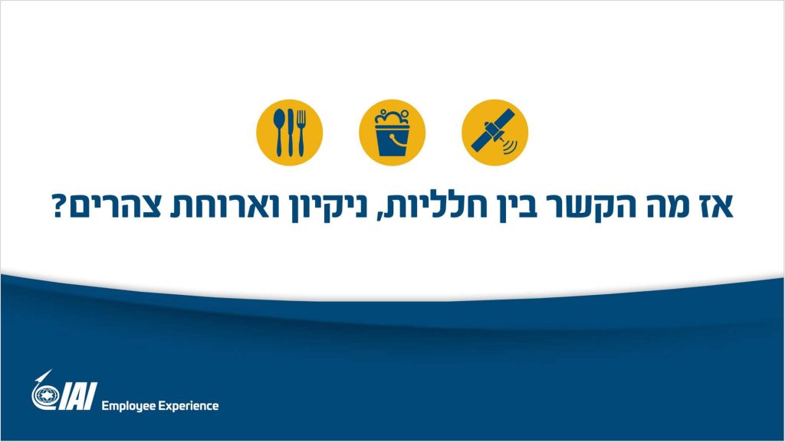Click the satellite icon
pyautogui.click(x=494, y=132)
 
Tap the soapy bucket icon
pyautogui.click(x=392, y=132)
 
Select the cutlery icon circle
pyautogui.click(x=289, y=132)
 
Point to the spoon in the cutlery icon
pyautogui.click(x=279, y=132)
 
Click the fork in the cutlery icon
pyautogui.click(x=301, y=132)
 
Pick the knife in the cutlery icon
pyautogui.click(x=291, y=132)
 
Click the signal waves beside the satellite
pyautogui.click(x=509, y=146)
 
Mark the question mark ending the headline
pyautogui.click(x=59, y=205)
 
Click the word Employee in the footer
pyautogui.click(x=128, y=406)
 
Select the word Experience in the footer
pyautogui.click(x=189, y=406)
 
